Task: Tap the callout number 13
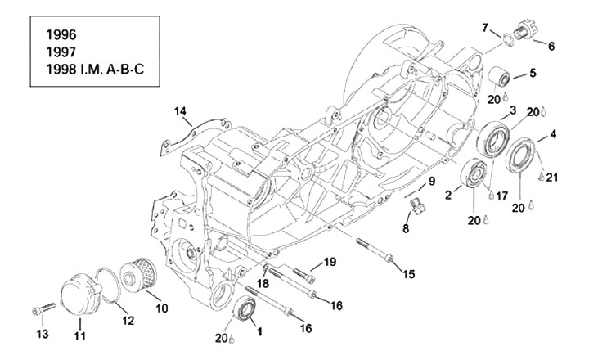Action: pyautogui.click(x=43, y=333)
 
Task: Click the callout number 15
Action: pyautogui.click(x=408, y=274)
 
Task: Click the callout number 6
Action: pyautogui.click(x=551, y=46)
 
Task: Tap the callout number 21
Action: pyautogui.click(x=551, y=177)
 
